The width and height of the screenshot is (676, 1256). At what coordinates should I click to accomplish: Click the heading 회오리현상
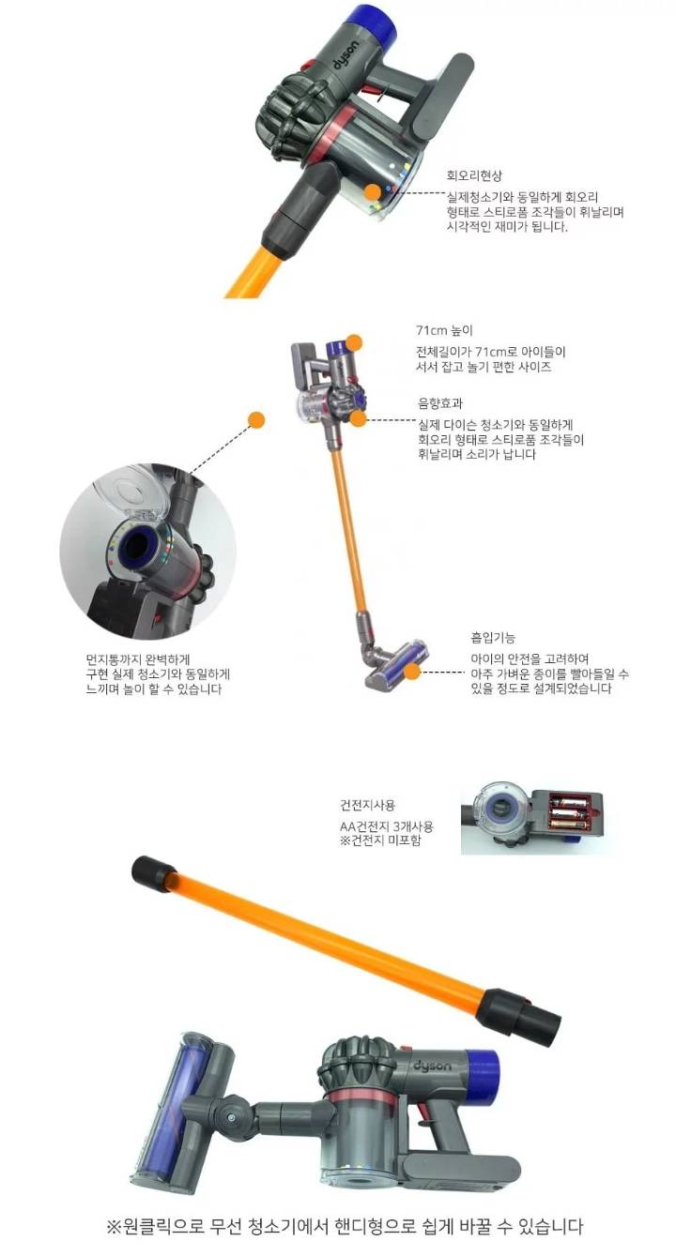click(475, 175)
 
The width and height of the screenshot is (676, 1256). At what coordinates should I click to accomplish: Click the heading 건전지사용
click(368, 806)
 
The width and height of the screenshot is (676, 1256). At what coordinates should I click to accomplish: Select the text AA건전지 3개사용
click(387, 826)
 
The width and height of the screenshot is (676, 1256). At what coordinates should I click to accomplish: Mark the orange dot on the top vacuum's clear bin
click(373, 192)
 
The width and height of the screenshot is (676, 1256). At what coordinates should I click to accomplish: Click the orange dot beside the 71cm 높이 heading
click(354, 342)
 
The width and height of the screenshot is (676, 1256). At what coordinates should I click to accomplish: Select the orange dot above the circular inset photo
click(255, 419)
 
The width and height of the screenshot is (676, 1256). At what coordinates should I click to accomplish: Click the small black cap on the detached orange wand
click(149, 873)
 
